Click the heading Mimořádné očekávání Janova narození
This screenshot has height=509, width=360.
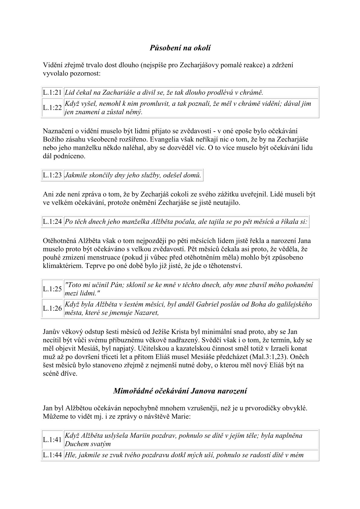pyautogui.click(x=180, y=391)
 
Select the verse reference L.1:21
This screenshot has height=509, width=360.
pyautogui.click(x=52, y=93)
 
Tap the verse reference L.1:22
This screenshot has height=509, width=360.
pyautogui.click(x=52, y=108)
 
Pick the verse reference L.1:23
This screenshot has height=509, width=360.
pyautogui.click(x=52, y=175)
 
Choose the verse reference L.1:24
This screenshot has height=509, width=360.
pyautogui.click(x=52, y=222)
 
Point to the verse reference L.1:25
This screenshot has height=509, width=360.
pyautogui.click(x=52, y=289)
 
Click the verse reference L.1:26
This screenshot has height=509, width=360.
pyautogui.click(x=52, y=308)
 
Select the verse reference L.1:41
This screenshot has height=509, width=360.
pyautogui.click(x=52, y=440)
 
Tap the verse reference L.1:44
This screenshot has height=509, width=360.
pyautogui.click(x=52, y=455)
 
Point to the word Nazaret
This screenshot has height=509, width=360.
pyautogui.click(x=147, y=312)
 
